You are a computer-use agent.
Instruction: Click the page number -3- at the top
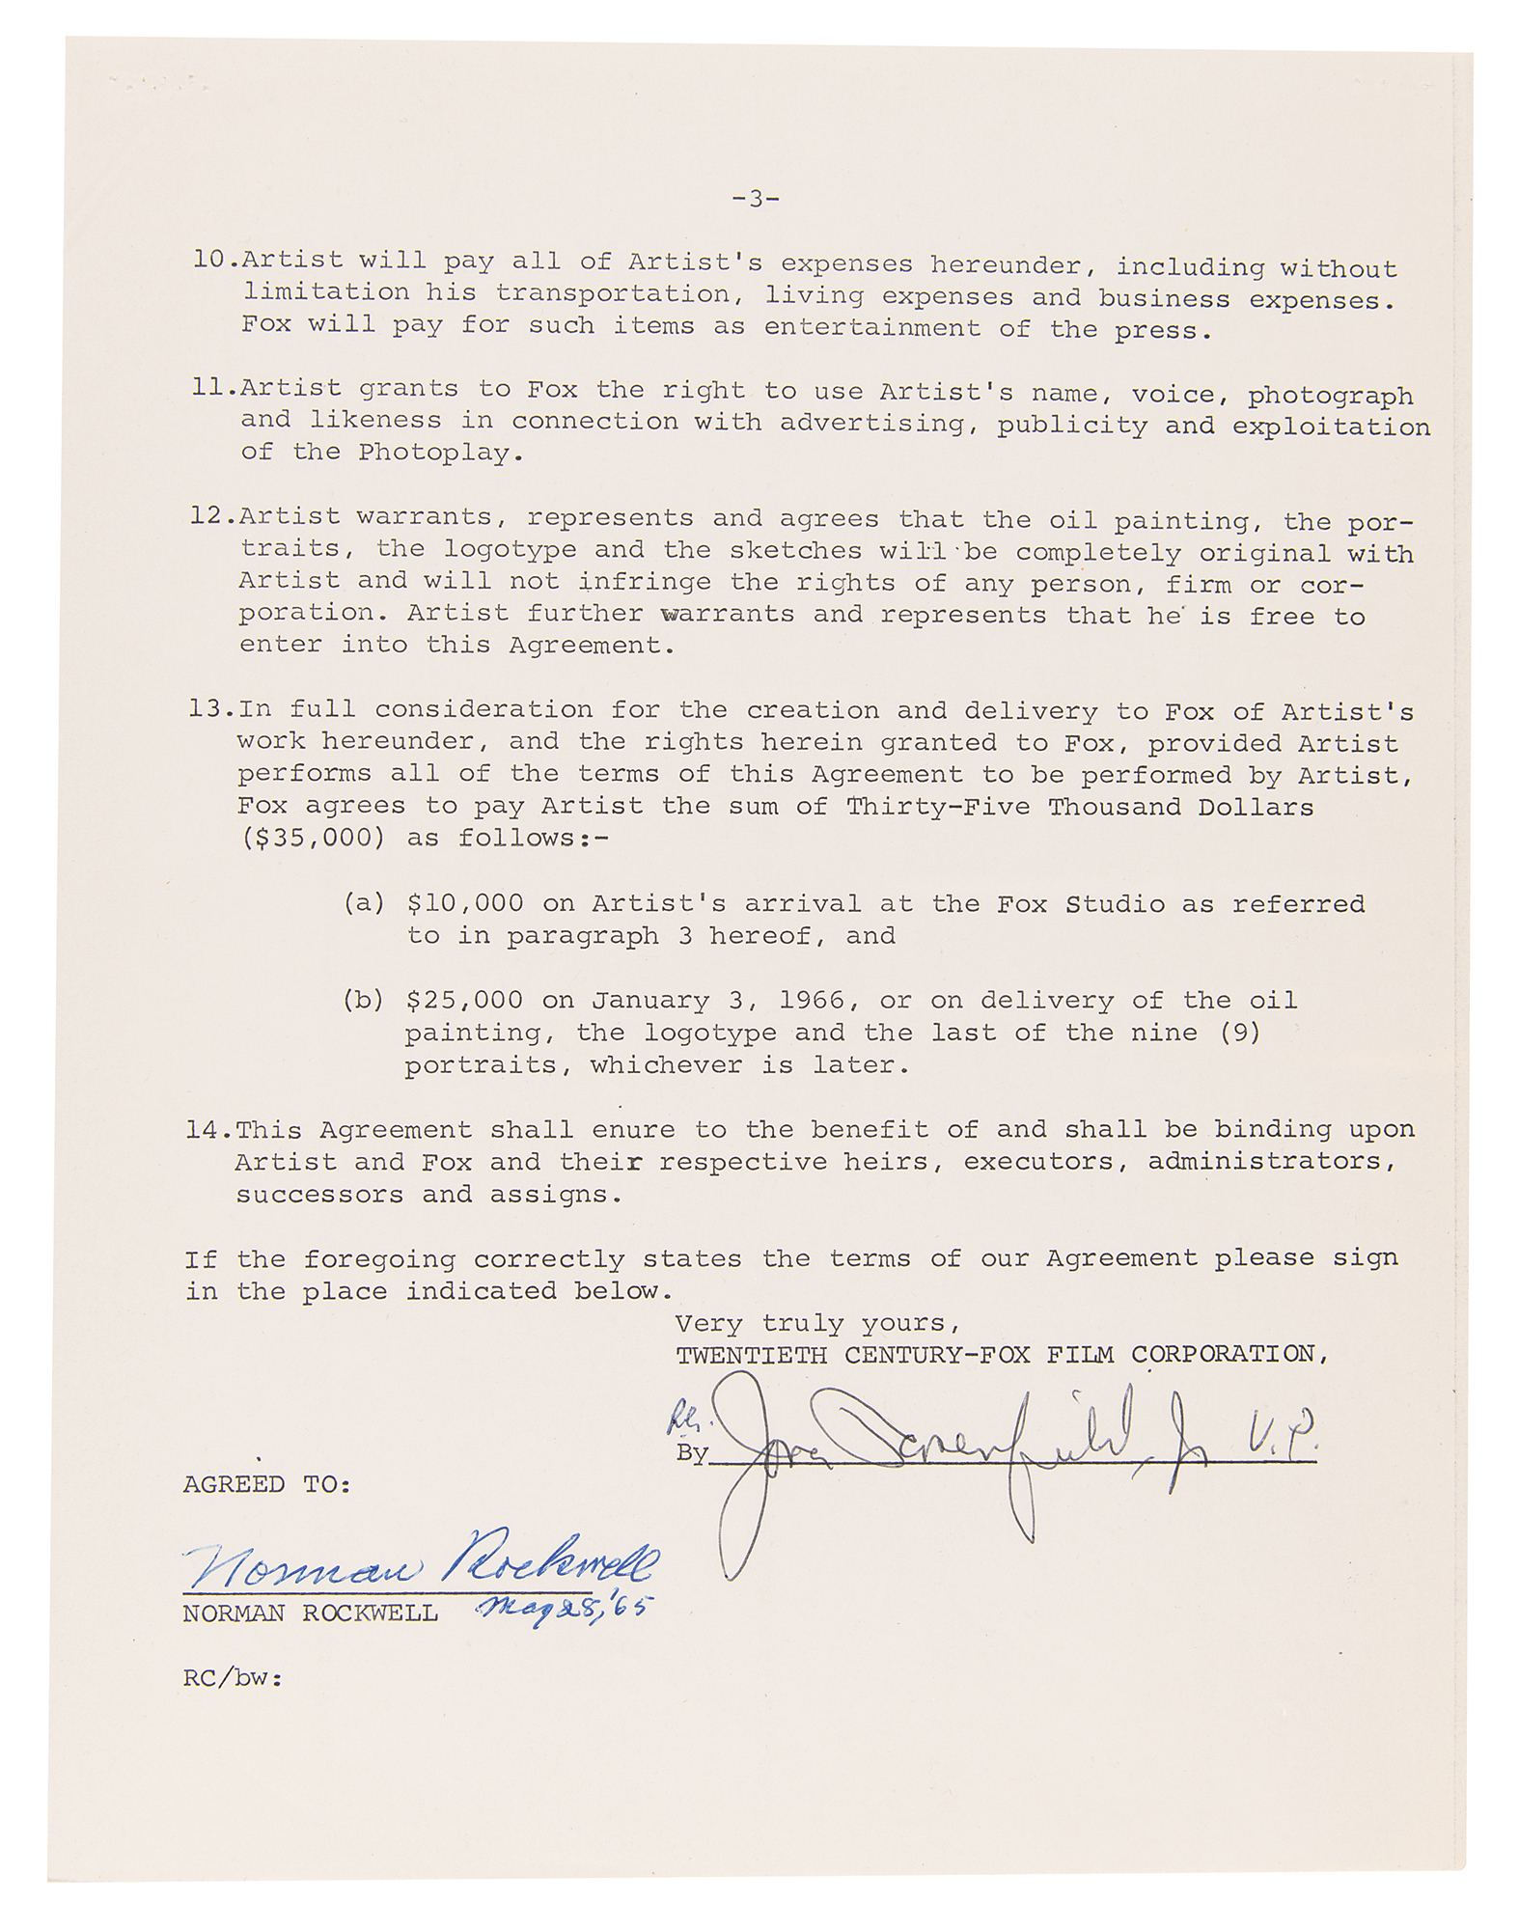tap(756, 200)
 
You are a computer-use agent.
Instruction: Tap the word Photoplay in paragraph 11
tap(441, 454)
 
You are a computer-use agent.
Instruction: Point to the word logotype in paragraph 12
tap(510, 549)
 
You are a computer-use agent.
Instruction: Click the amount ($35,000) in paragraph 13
tap(313, 838)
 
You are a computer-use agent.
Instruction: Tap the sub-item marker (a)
tap(364, 903)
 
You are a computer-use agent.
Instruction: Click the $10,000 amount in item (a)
tap(465, 903)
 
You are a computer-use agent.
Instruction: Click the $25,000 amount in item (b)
tap(464, 1000)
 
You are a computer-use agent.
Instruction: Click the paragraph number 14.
tap(208, 1129)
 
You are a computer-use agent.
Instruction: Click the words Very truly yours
tap(817, 1323)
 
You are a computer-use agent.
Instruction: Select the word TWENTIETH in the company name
tap(751, 1355)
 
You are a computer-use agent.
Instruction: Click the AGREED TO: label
tap(267, 1484)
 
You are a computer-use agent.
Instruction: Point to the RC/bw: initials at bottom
tap(233, 1678)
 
